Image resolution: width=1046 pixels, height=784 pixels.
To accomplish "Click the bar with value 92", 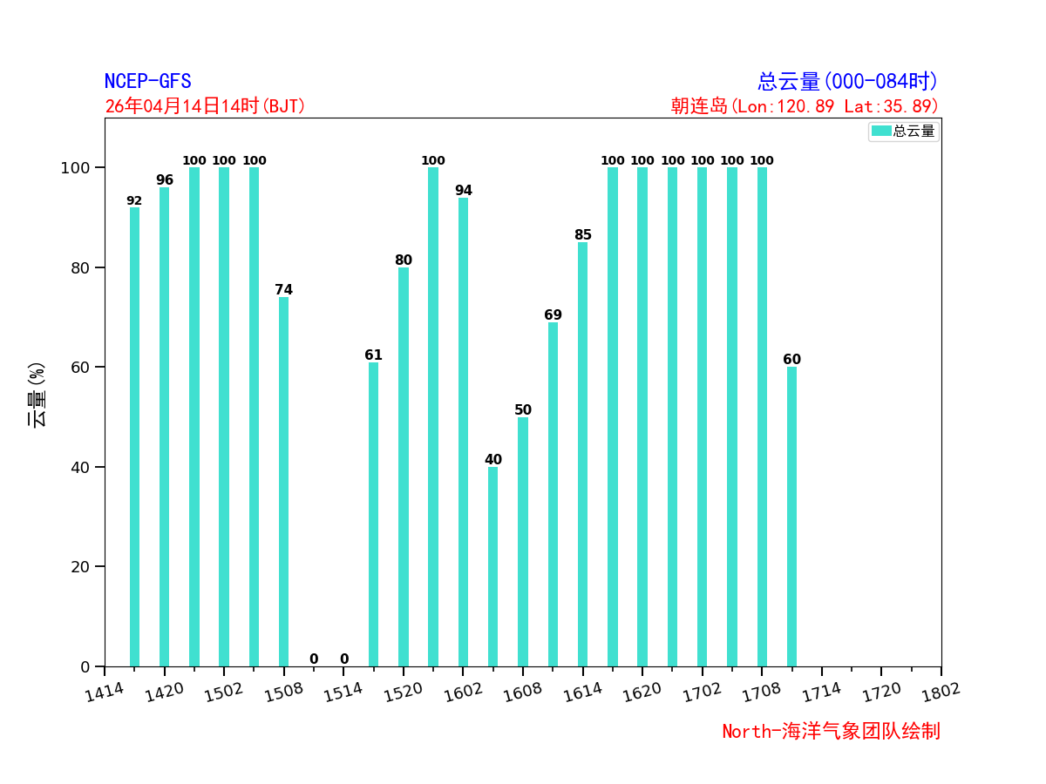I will (134, 436).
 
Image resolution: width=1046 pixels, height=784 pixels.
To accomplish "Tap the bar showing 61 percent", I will (373, 514).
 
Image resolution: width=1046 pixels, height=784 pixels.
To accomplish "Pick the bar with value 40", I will (492, 566).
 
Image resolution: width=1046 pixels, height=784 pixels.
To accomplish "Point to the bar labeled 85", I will (582, 454).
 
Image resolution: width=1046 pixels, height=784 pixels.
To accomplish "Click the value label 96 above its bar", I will (165, 180).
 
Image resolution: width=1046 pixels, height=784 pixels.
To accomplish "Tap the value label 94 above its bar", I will (463, 191).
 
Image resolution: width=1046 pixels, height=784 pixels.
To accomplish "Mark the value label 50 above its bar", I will (523, 410).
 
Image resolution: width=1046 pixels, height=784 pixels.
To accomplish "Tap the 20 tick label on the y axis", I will (81, 567).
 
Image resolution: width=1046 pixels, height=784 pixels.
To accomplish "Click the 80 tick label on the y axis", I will (81, 267).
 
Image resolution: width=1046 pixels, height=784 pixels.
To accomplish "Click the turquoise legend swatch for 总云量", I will (881, 131).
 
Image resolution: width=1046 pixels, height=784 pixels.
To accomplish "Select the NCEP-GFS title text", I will (147, 82).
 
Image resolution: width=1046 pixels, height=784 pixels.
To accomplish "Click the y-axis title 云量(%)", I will (37, 395).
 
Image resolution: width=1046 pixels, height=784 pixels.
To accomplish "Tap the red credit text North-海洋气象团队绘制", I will (831, 732).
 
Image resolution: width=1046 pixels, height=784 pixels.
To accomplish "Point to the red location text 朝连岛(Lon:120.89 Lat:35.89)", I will (805, 106).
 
